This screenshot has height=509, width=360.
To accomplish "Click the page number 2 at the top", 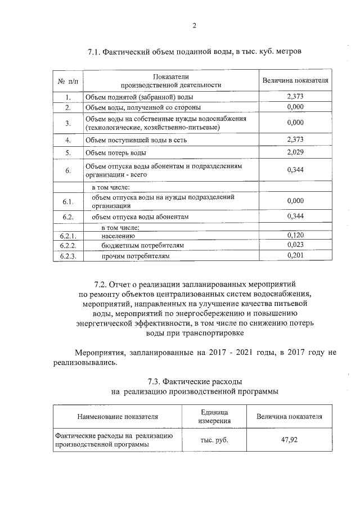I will point(194,25).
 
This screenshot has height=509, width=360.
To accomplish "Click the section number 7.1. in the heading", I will point(94,52).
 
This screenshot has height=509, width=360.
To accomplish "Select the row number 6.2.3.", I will point(67,256).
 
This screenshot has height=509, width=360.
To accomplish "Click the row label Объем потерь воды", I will point(115,153).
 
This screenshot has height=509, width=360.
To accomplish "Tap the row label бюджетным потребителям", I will point(142,246).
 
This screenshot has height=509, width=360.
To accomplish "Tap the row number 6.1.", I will point(67,201).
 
